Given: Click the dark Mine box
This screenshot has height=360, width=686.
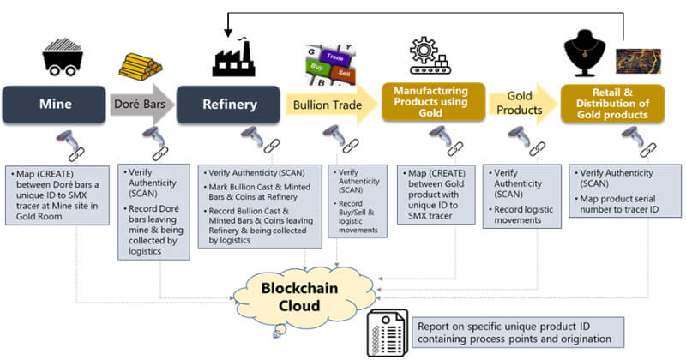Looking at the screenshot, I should coord(56,105).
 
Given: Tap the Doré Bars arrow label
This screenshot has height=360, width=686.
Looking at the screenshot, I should coord(142,105).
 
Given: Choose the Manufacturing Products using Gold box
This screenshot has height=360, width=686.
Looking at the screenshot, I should coord(434,103).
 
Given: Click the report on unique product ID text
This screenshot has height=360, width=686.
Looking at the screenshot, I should coord(514,333).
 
